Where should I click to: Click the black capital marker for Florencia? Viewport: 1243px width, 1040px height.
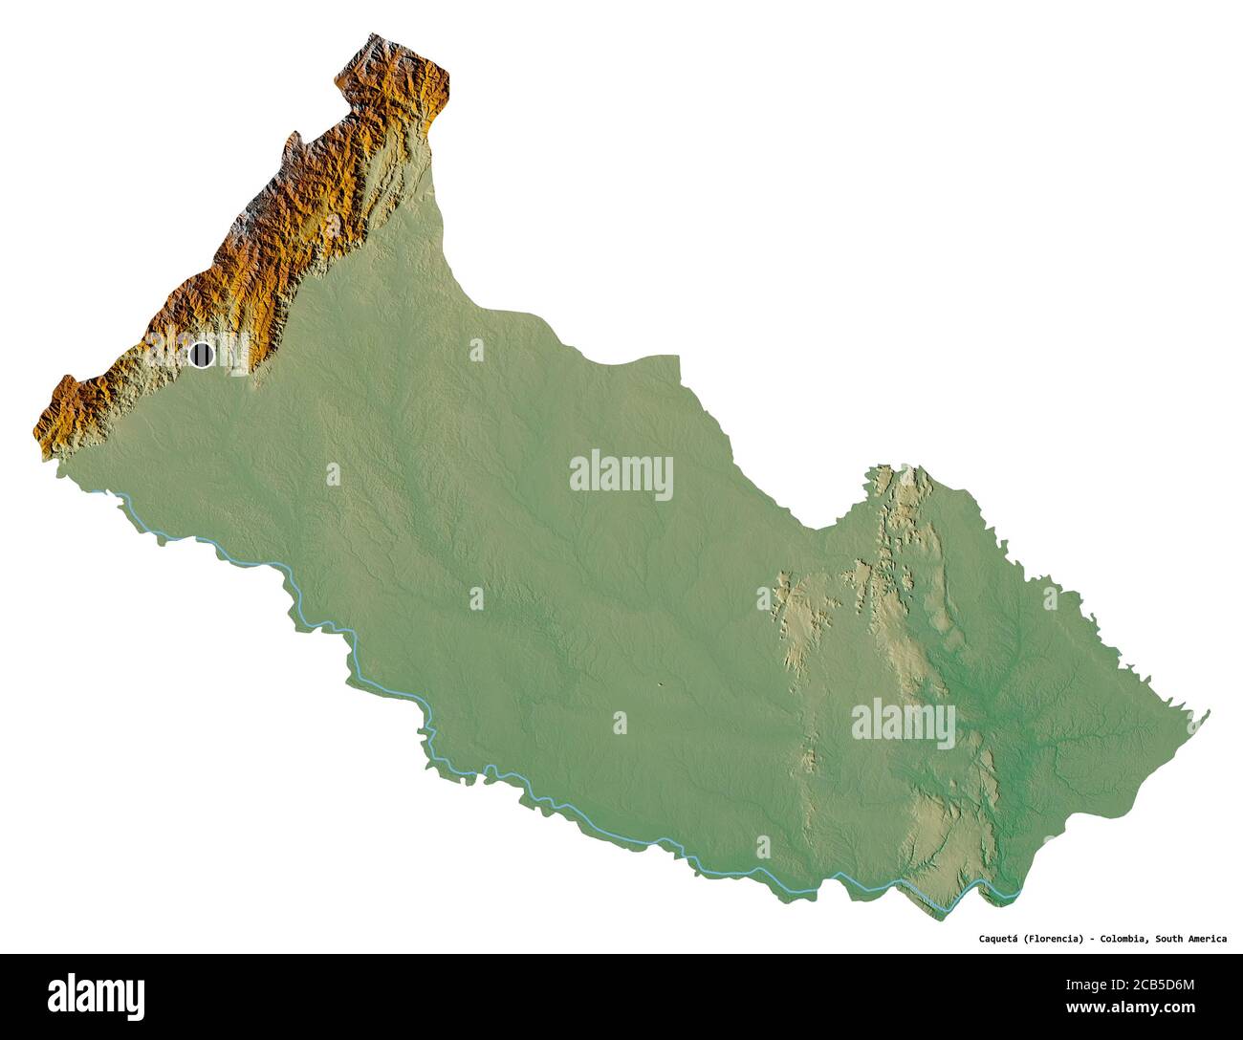click(201, 355)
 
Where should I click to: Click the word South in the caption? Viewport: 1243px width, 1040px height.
click(1171, 939)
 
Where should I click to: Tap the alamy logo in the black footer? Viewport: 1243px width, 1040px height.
click(97, 995)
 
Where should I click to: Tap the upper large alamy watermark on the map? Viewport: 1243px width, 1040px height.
click(621, 475)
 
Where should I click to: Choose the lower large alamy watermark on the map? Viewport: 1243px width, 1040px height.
click(903, 724)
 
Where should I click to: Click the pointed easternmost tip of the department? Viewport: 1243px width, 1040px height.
click(1210, 711)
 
